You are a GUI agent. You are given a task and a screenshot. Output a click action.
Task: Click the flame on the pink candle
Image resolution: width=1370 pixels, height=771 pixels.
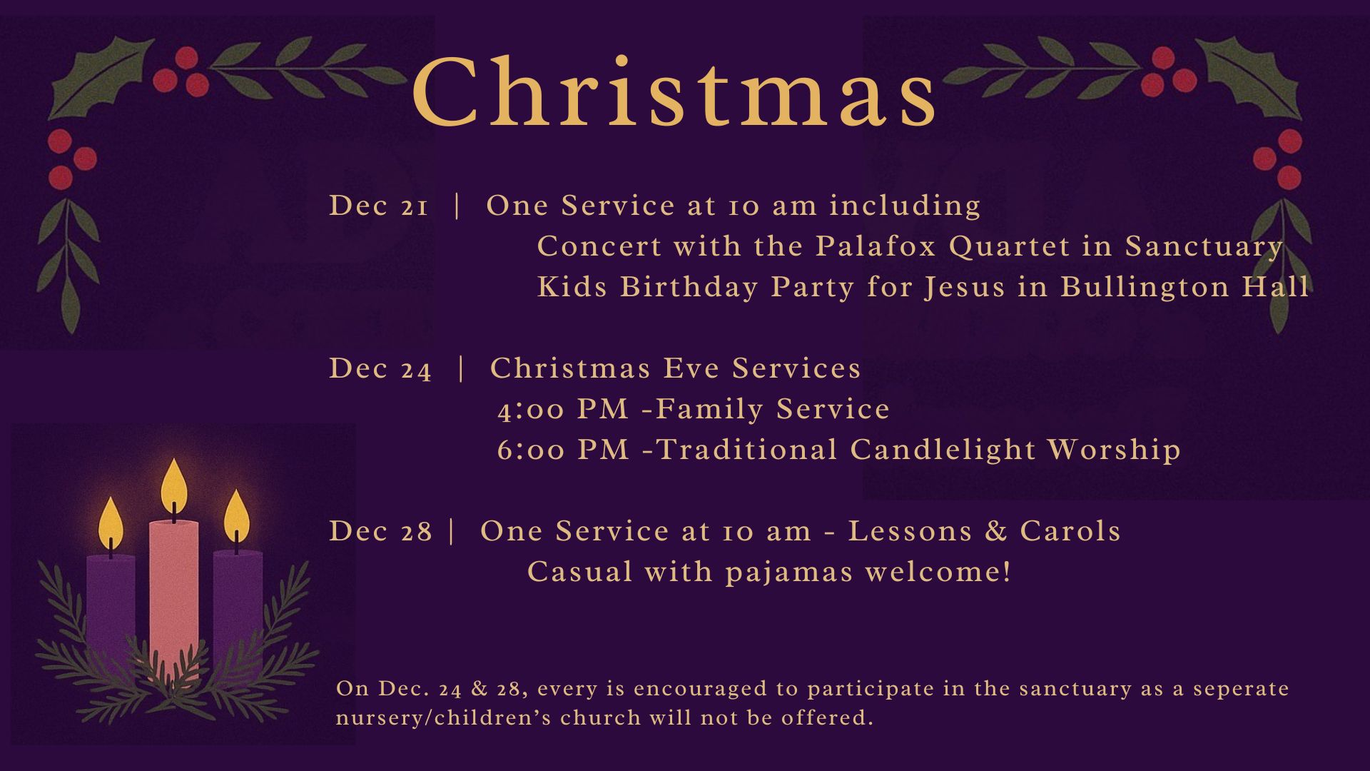click(173, 485)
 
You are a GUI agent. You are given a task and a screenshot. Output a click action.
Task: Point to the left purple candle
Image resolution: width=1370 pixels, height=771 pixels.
click(111, 607)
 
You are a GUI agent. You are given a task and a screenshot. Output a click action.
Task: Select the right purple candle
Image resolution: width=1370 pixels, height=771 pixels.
click(238, 607)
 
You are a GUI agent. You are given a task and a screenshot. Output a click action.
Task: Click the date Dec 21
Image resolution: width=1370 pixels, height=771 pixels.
click(379, 206)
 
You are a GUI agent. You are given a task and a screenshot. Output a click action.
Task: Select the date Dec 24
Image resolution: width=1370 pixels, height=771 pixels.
click(380, 369)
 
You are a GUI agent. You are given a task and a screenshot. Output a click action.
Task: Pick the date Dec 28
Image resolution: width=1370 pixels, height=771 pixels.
click(380, 532)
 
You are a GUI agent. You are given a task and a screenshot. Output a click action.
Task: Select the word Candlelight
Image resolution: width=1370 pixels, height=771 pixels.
click(943, 450)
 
